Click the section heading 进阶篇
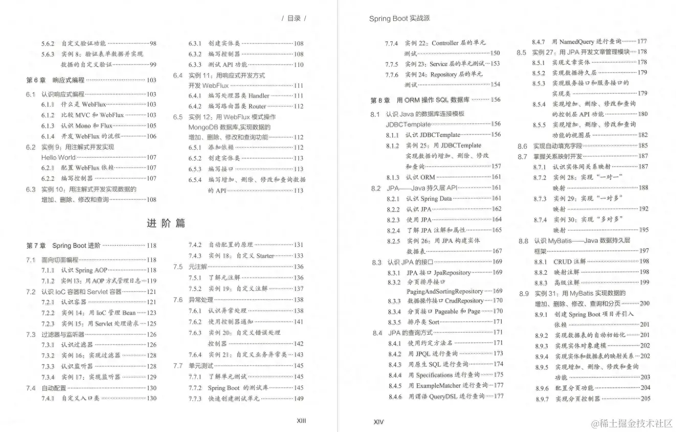coord(166,223)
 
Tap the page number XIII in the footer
coord(301,421)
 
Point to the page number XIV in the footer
coord(378,422)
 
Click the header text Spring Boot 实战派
coord(399,18)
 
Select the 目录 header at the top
coord(294,18)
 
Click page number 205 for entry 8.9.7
coord(645,399)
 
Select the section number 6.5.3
coord(195,169)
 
